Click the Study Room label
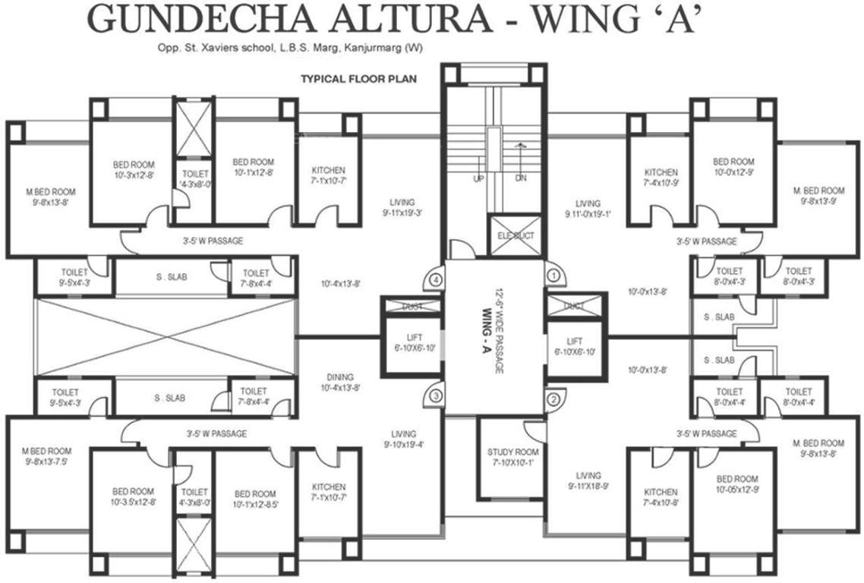[512, 452]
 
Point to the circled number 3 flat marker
[436, 395]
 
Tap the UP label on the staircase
[478, 178]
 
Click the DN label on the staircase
[520, 178]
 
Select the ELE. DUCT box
[516, 236]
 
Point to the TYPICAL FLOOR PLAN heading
[359, 78]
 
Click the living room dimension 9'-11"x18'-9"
[588, 486]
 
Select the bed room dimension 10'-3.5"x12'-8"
[134, 501]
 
